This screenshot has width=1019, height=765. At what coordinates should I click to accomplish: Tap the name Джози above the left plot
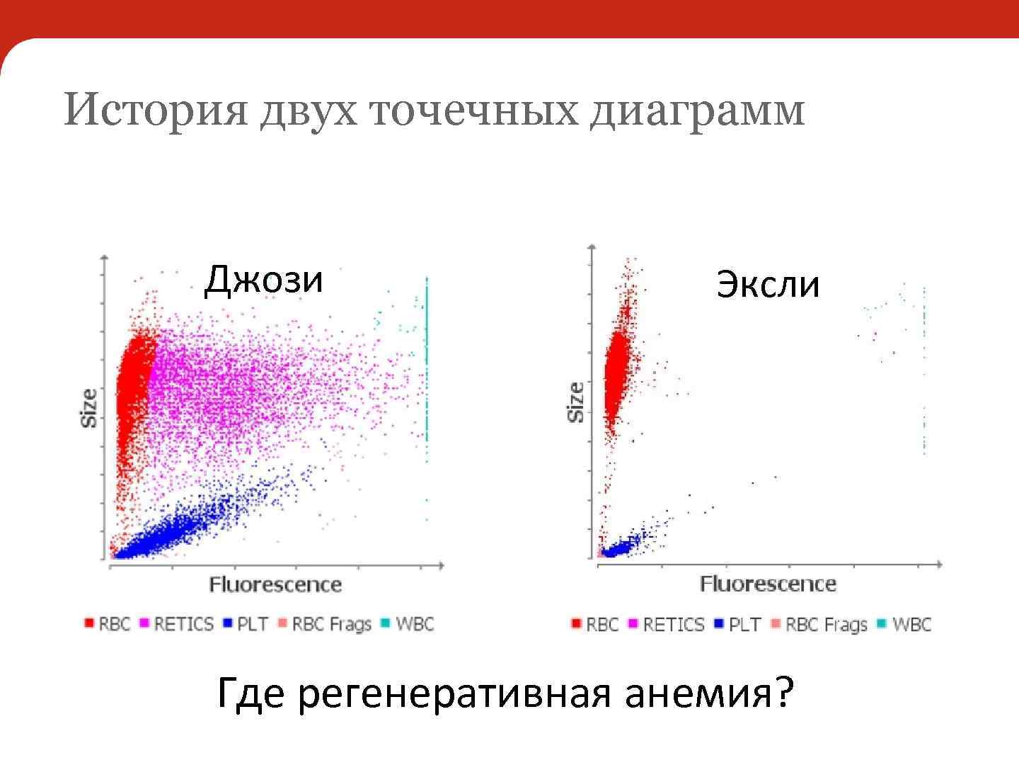pyautogui.click(x=263, y=280)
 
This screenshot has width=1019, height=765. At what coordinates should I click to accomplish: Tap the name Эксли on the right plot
pyautogui.click(x=768, y=285)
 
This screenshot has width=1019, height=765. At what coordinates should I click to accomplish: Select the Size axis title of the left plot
pyautogui.click(x=89, y=408)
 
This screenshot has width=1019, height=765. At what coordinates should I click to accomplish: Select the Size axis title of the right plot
pyautogui.click(x=576, y=402)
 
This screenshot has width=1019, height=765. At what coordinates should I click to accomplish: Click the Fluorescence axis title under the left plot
pyautogui.click(x=275, y=585)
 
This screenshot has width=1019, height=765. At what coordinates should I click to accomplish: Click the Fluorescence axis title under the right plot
pyautogui.click(x=768, y=584)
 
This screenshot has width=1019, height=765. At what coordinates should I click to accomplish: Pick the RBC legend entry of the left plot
pyautogui.click(x=108, y=624)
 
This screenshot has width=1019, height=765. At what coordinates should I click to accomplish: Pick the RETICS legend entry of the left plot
pyautogui.click(x=177, y=624)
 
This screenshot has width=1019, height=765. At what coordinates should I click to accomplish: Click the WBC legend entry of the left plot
pyautogui.click(x=408, y=624)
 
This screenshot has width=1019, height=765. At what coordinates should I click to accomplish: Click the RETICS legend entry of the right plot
pyautogui.click(x=667, y=625)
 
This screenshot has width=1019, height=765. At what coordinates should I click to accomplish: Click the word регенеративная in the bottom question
pyautogui.click(x=453, y=694)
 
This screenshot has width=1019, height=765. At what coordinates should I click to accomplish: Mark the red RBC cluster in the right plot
pyautogui.click(x=616, y=375)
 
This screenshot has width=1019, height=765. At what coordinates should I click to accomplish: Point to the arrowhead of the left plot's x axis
pyautogui.click(x=441, y=565)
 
